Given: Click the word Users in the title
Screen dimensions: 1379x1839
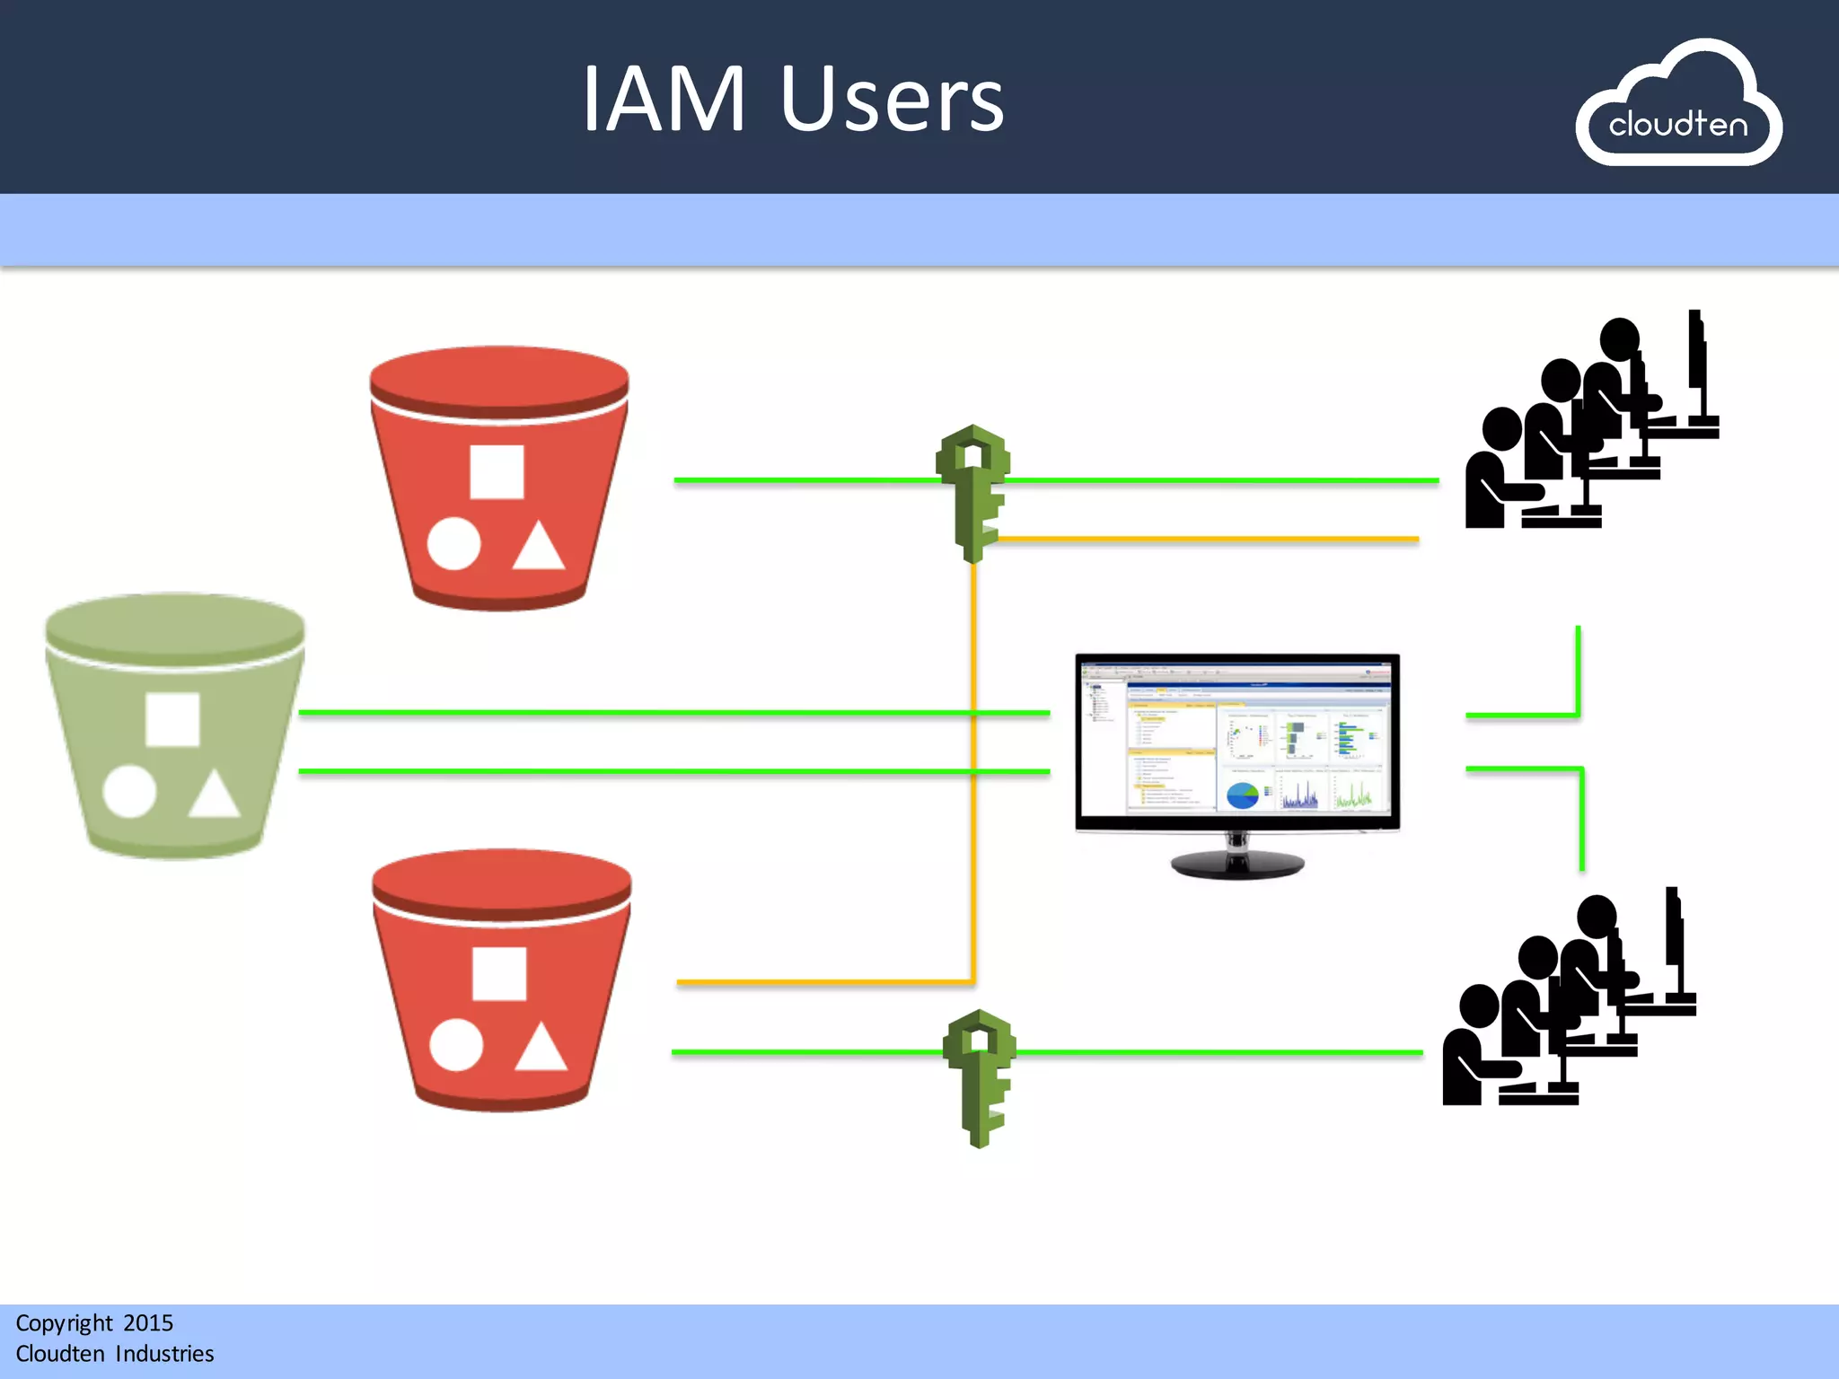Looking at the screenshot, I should pyautogui.click(x=892, y=101).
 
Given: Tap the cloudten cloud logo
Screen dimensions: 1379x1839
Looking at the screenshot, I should pyautogui.click(x=1677, y=106).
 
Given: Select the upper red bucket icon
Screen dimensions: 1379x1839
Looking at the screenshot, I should pyautogui.click(x=499, y=479).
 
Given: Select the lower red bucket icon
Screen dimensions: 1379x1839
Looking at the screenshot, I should pyautogui.click(x=501, y=980).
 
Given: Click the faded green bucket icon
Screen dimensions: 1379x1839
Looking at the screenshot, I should pyautogui.click(x=175, y=725).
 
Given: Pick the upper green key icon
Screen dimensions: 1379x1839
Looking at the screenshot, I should pyautogui.click(x=973, y=493).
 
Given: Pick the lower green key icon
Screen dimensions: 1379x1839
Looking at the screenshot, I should pyautogui.click(x=980, y=1078).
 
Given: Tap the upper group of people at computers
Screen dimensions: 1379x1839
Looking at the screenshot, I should pyautogui.click(x=1589, y=422).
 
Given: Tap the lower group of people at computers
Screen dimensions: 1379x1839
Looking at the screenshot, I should pyautogui.click(x=1567, y=998).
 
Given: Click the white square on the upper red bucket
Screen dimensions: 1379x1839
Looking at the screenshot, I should pyautogui.click(x=497, y=471).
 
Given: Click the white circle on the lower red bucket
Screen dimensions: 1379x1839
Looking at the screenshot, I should pyautogui.click(x=456, y=1045).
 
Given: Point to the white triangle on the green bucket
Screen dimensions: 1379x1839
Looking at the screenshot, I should pyautogui.click(x=214, y=795).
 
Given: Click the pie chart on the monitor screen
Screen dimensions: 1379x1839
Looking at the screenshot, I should pyautogui.click(x=1243, y=795).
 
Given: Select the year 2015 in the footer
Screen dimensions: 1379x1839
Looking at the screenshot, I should pyautogui.click(x=148, y=1323).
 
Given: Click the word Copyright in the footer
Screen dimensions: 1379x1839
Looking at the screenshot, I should pyautogui.click(x=64, y=1323).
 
